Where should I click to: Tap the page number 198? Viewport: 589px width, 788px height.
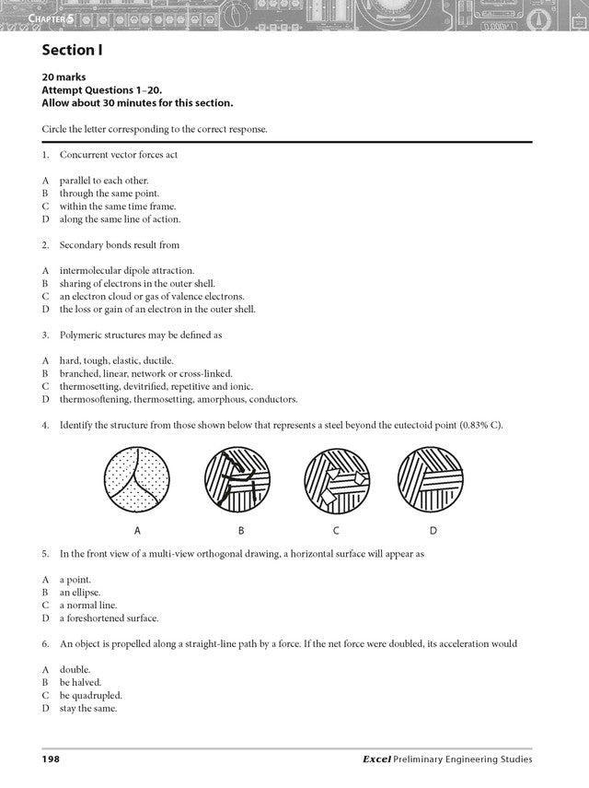click(x=51, y=759)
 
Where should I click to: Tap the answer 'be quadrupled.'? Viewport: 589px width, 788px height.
click(x=90, y=696)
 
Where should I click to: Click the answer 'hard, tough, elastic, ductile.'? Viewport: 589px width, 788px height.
click(x=116, y=360)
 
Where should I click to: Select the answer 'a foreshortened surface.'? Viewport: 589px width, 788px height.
click(x=110, y=617)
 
